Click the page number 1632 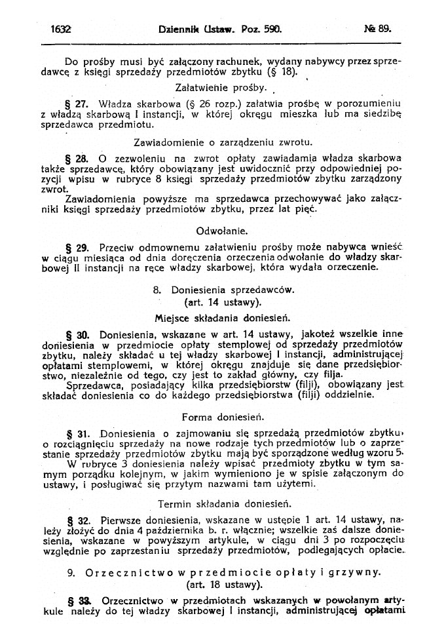point(60,29)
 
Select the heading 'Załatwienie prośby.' point(222,87)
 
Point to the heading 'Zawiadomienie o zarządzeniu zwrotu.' point(223,142)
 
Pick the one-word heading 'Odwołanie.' point(222,231)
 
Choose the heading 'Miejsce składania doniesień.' point(223,318)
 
